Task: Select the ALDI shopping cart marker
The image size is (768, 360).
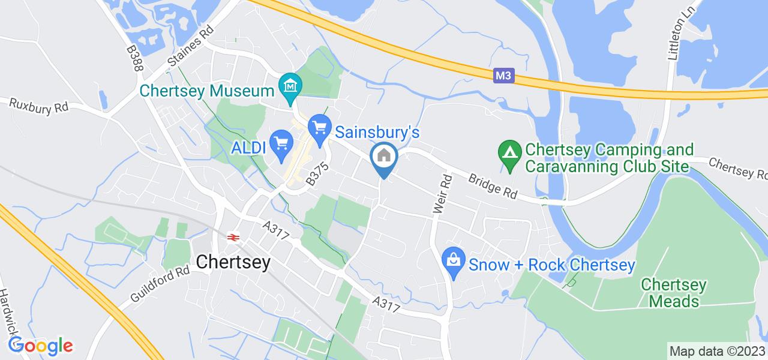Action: click(x=281, y=144)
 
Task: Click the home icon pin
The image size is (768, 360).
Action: click(x=384, y=157)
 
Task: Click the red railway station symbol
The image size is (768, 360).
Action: click(x=232, y=236)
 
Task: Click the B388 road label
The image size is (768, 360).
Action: click(x=134, y=58)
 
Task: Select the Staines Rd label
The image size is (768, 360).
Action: click(x=191, y=47)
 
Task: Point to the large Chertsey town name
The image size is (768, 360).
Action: click(x=233, y=262)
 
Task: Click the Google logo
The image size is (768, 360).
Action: click(x=40, y=346)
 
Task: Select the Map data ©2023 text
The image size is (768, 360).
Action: click(x=716, y=351)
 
